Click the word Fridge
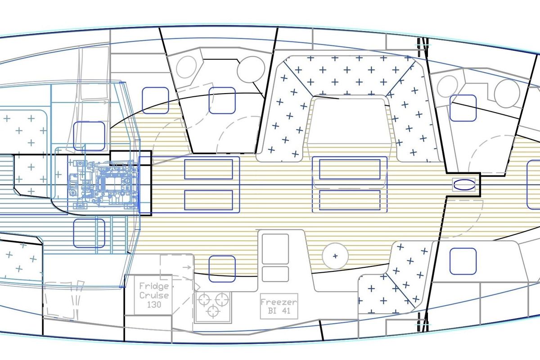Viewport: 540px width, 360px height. click(154, 287)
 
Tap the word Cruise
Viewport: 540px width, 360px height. click(154, 295)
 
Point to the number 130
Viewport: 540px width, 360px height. click(154, 305)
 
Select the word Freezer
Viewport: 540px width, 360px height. click(279, 302)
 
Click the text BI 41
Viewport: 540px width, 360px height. click(279, 310)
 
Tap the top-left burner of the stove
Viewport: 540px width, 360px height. click(204, 300)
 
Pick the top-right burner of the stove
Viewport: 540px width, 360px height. click(222, 300)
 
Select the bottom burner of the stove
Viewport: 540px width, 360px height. click(213, 311)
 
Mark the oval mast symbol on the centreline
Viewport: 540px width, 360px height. click(464, 184)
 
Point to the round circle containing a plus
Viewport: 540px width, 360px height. click(335, 256)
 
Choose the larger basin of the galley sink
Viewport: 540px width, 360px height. click(275, 249)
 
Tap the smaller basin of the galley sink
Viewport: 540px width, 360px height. click(275, 274)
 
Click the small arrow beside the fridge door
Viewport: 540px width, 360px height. click(187, 267)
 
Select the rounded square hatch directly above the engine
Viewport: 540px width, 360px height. click(89, 136)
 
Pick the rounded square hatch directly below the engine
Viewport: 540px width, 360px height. click(89, 233)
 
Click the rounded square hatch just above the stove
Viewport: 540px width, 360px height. click(222, 269)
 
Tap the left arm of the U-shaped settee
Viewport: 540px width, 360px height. click(284, 116)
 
